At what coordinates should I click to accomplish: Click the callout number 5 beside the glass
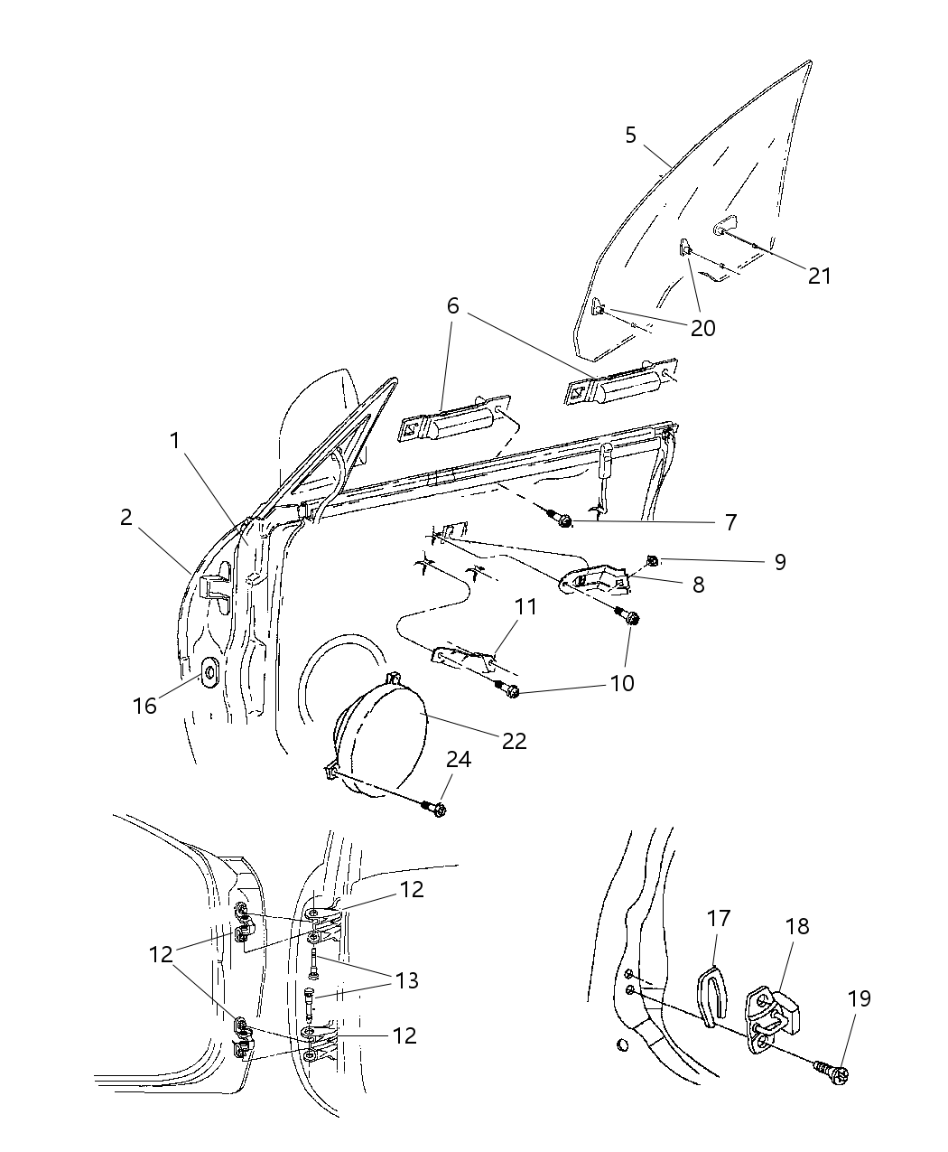[630, 136]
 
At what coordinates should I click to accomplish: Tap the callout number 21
[819, 275]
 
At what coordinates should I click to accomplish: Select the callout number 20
[702, 328]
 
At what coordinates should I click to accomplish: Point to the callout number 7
[730, 522]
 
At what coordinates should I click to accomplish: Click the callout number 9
[780, 562]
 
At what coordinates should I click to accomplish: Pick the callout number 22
[514, 740]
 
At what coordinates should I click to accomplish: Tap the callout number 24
[459, 760]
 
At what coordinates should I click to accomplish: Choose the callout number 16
[145, 706]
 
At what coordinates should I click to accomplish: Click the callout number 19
[860, 998]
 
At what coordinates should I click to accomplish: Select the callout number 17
[719, 918]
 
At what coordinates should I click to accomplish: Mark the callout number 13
[407, 980]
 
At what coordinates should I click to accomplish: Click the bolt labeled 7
[563, 521]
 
